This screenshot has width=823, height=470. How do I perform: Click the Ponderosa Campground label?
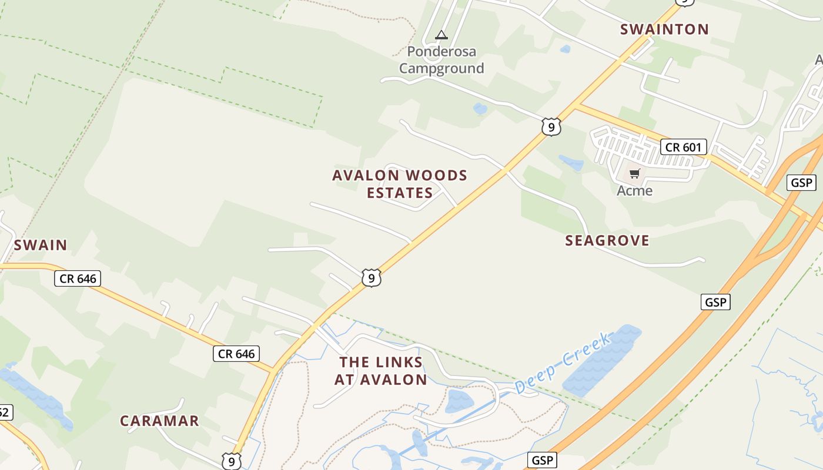tap(441, 60)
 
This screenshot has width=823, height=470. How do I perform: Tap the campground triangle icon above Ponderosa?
tap(441, 35)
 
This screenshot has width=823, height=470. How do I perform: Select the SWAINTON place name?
tap(664, 29)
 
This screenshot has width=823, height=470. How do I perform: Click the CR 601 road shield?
tap(683, 147)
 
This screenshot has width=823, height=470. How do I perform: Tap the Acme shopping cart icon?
tap(634, 173)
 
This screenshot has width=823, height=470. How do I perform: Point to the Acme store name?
tap(634, 190)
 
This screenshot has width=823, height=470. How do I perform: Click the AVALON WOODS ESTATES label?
tap(400, 184)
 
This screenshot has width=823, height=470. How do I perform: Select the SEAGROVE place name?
tap(607, 240)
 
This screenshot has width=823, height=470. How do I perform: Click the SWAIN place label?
tap(41, 245)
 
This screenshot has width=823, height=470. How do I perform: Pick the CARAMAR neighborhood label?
tap(159, 421)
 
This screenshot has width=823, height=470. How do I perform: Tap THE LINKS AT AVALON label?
tap(381, 371)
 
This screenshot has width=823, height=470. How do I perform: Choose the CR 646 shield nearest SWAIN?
tap(78, 278)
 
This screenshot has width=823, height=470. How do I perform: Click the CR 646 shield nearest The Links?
tap(236, 354)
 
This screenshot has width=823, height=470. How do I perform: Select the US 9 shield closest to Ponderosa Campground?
tap(551, 127)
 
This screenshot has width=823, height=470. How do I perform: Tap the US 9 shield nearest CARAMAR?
tap(232, 461)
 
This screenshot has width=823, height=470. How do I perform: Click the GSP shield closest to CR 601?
tap(801, 183)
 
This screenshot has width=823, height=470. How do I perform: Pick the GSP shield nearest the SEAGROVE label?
tap(715, 303)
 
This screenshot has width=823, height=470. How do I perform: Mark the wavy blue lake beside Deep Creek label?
tap(603, 360)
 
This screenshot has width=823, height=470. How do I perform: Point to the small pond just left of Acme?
tap(571, 162)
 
